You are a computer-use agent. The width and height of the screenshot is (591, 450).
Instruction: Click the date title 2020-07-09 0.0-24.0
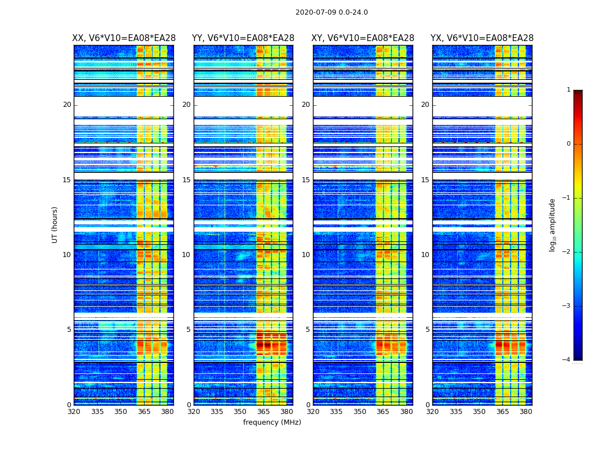click(x=332, y=12)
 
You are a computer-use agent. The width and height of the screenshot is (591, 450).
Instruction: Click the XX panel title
click(x=124, y=38)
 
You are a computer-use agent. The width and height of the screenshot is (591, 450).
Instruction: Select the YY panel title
click(x=243, y=38)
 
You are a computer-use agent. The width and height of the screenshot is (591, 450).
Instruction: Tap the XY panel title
click(x=363, y=38)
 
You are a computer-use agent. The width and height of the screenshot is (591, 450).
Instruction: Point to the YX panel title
click(x=482, y=38)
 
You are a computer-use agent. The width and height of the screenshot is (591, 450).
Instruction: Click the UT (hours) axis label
click(x=55, y=224)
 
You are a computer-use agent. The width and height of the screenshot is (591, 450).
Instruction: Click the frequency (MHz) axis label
click(x=272, y=422)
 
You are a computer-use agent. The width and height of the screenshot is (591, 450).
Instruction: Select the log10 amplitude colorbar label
click(x=553, y=224)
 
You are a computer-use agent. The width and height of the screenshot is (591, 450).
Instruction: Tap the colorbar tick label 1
click(x=568, y=90)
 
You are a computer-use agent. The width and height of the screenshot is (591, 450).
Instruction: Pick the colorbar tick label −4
click(x=567, y=360)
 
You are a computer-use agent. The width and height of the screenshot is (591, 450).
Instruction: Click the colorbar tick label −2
click(x=567, y=252)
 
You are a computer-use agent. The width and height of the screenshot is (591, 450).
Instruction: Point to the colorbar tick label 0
click(x=568, y=144)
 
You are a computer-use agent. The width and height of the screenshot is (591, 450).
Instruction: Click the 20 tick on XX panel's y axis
click(x=67, y=105)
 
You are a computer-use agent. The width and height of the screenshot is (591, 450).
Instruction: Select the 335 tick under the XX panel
click(x=97, y=412)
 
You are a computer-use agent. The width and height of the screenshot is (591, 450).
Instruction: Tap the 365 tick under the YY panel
click(x=263, y=412)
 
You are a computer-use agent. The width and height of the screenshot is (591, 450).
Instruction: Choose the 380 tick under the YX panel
click(x=526, y=412)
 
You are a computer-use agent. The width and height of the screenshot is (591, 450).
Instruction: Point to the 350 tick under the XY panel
click(x=360, y=412)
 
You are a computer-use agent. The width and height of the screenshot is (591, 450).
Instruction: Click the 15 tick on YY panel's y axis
click(x=186, y=180)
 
